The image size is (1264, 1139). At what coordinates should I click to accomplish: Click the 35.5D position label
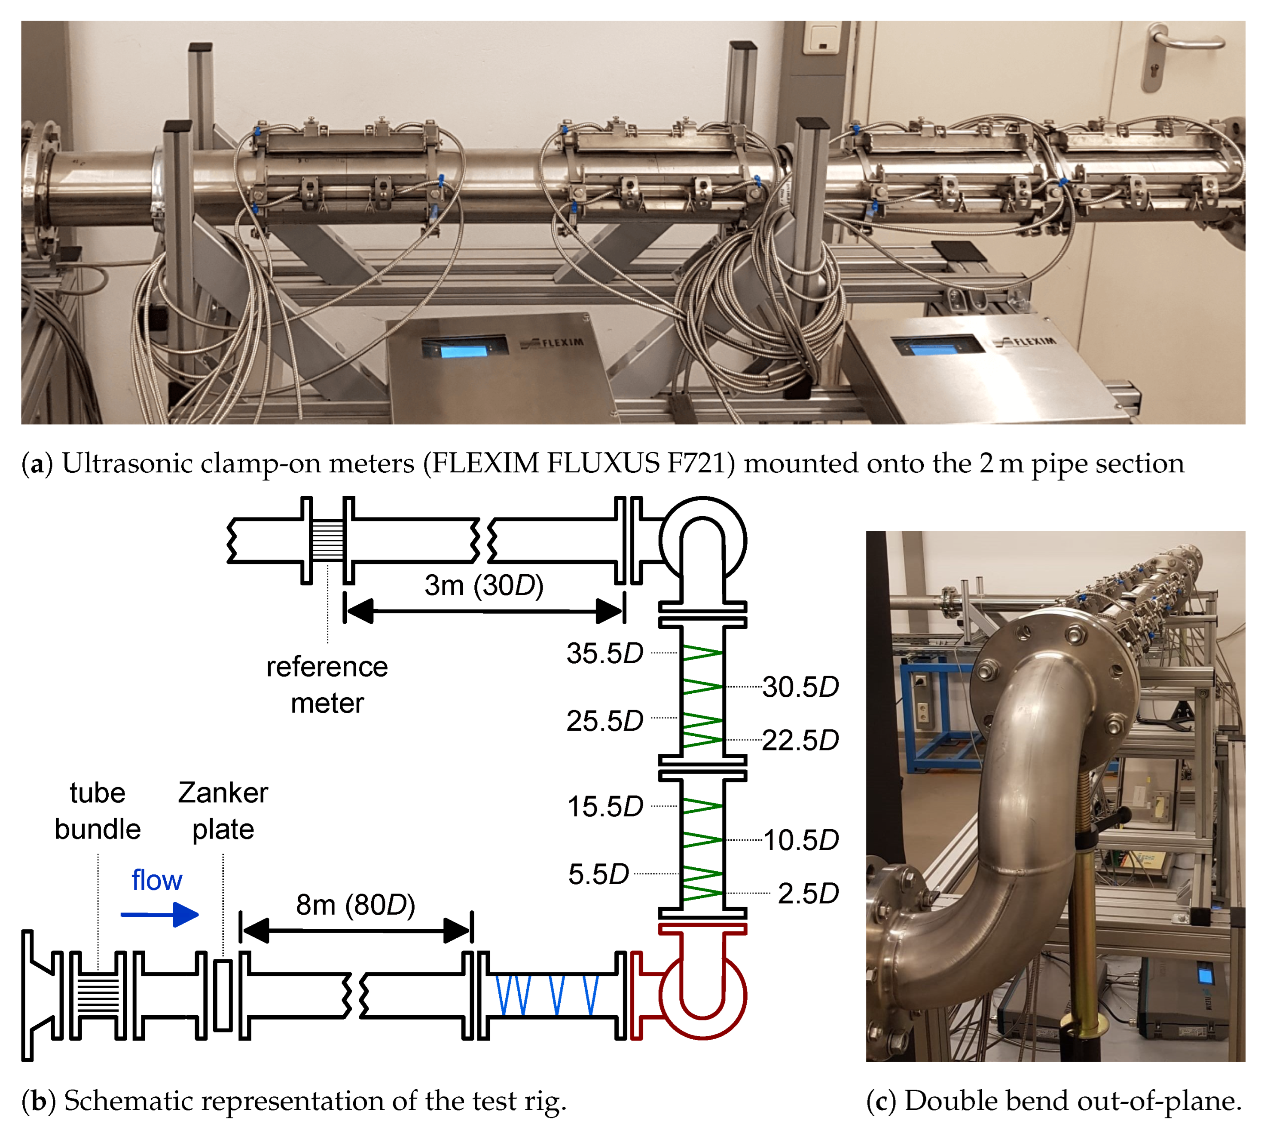click(x=604, y=653)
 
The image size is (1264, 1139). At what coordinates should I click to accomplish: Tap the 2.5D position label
click(x=807, y=894)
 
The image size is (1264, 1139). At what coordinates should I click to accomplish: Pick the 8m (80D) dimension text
click(x=355, y=905)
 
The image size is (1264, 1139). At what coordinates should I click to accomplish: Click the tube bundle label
click(x=98, y=811)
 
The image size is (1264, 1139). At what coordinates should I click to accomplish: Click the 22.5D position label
click(x=800, y=740)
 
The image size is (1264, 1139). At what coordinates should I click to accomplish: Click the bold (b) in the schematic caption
click(x=39, y=1101)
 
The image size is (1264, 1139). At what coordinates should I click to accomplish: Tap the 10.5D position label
click(x=800, y=840)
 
